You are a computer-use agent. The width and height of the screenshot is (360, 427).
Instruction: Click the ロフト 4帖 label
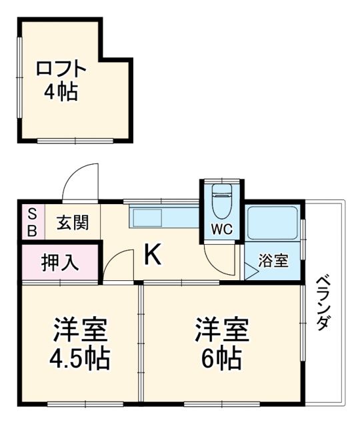coord(61,79)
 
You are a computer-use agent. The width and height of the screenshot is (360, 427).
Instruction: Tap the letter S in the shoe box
coord(31,213)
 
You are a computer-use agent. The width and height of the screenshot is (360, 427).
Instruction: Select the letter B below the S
coord(31,230)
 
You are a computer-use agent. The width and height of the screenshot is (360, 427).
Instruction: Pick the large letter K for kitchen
coord(153,254)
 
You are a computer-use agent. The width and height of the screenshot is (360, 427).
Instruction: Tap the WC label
coord(222,230)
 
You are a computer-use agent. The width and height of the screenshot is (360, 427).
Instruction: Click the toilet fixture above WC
coord(222,198)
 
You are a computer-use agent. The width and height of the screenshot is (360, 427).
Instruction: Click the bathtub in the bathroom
coord(273,223)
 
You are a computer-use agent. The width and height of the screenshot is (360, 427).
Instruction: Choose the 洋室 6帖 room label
coord(222,344)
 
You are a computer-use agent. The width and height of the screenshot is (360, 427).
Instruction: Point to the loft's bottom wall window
coord(75,141)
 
